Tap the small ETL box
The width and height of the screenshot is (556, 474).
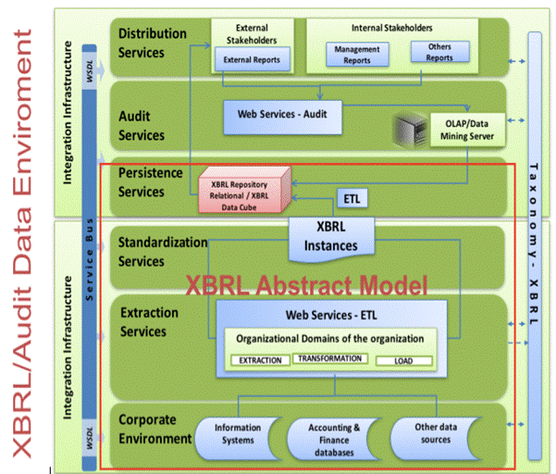point(351,198)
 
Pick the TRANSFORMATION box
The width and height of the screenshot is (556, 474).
point(327,358)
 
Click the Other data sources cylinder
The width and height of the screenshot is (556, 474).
point(433,434)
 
